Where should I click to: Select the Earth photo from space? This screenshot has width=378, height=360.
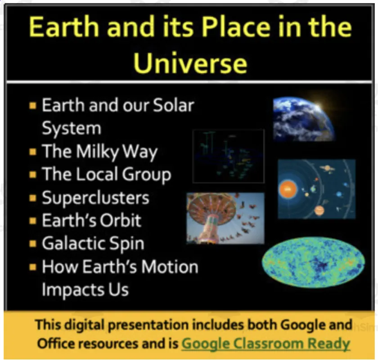pos(304,119)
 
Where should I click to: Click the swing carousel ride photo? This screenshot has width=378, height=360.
pos(225,218)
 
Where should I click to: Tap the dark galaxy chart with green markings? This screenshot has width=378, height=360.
pos(228,156)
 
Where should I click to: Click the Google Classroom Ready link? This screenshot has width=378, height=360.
pos(265,343)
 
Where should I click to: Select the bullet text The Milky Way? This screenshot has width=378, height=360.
pos(99,152)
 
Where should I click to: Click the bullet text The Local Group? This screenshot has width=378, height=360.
pos(106,175)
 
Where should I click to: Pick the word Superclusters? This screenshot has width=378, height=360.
pos(95,198)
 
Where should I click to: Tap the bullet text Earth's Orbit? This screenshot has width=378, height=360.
pos(91,220)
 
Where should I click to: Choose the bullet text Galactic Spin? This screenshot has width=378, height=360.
pos(93,243)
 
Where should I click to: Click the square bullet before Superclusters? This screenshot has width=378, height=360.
pos(32,198)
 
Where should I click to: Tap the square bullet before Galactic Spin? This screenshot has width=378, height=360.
pos(32,244)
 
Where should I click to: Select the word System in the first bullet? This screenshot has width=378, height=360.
pos(71,128)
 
